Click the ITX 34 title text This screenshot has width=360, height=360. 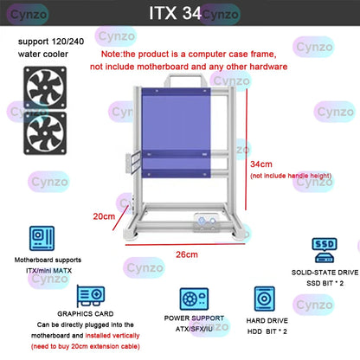(x=179, y=13)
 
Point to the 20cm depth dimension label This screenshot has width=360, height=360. (x=103, y=216)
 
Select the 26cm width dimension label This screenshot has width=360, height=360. (x=187, y=254)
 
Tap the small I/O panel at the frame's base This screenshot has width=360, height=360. (x=208, y=222)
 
